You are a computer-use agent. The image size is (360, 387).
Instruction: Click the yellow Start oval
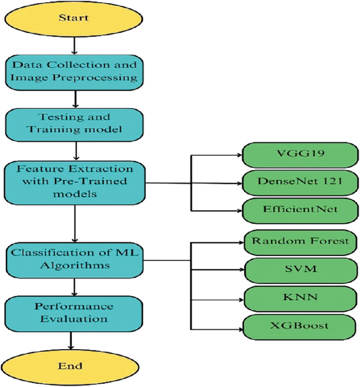pos(74,18)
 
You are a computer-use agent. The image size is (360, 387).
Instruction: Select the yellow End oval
pos(74,365)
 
